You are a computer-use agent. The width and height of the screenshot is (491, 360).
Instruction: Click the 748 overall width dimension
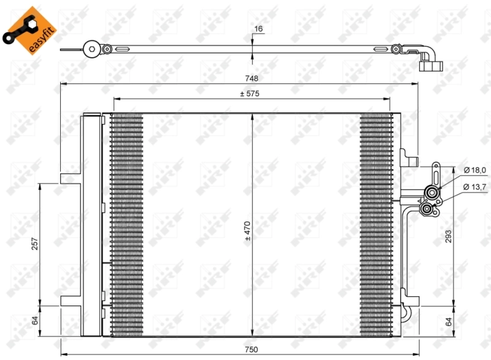pos(250,78)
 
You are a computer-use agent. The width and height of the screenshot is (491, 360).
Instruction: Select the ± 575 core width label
pos(250,94)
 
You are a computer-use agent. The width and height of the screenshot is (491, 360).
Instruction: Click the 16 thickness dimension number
pos(258,29)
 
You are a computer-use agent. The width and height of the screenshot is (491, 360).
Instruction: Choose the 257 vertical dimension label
pos(35,245)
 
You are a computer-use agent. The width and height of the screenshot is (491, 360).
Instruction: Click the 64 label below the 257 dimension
pos(35,320)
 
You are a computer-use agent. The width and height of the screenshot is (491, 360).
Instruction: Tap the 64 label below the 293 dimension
pos(449,321)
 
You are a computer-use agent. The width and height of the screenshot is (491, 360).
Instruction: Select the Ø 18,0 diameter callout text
pos(474,170)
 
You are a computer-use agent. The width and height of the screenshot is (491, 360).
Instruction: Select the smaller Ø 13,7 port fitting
pos(426,210)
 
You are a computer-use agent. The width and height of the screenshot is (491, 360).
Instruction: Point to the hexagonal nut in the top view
pos(91,48)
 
